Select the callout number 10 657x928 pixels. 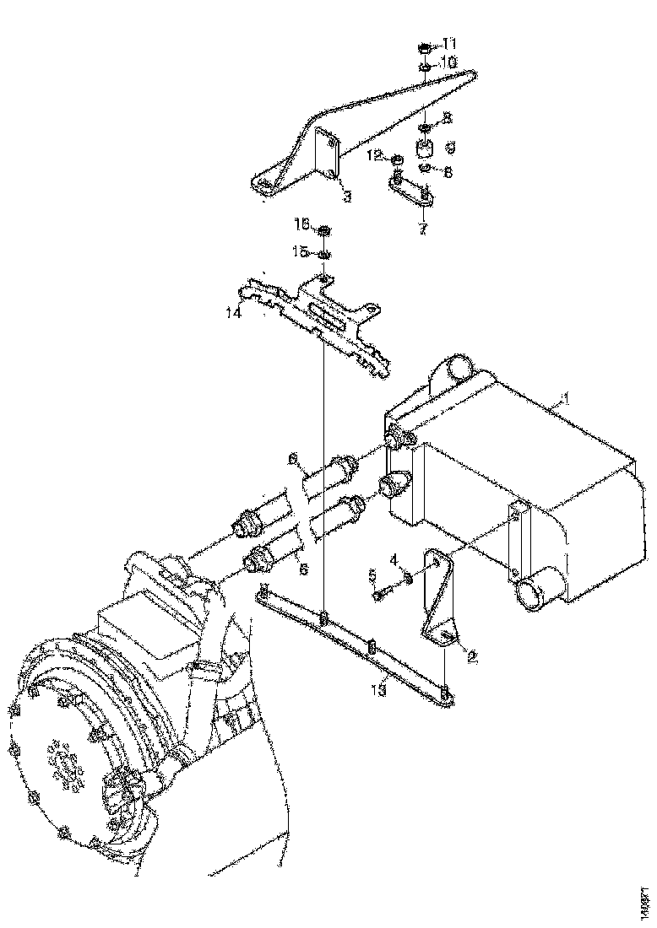449,62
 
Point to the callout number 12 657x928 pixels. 374,156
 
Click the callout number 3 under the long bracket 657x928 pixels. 347,197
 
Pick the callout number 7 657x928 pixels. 422,227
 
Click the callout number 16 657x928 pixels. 301,224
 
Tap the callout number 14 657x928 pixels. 233,313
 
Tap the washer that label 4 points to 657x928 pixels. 408,578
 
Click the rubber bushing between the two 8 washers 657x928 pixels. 426,149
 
